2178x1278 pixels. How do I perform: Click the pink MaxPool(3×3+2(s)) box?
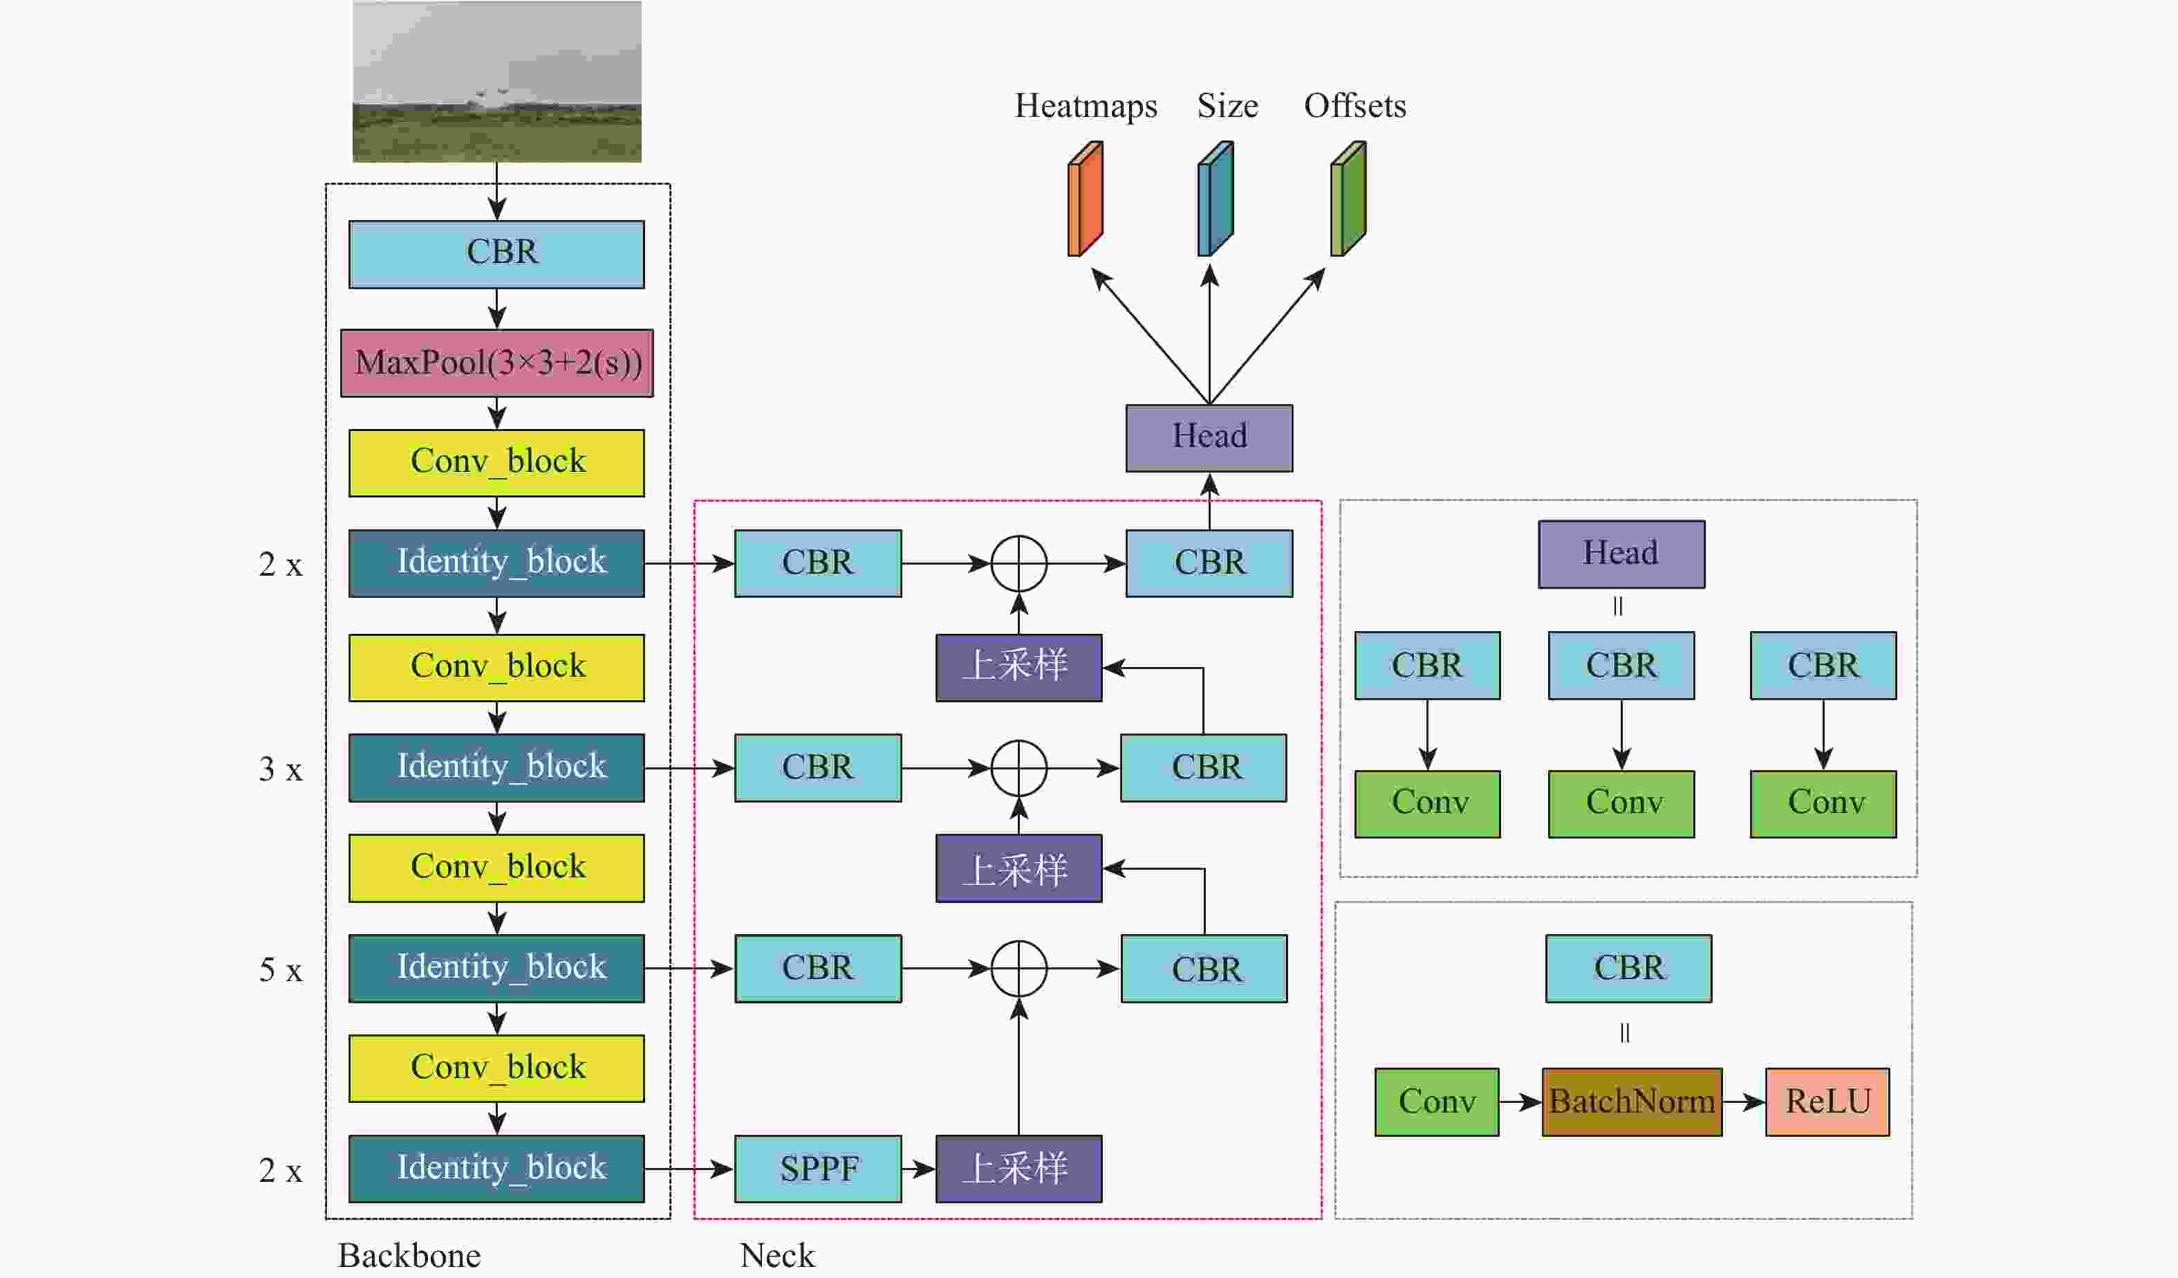pyautogui.click(x=497, y=363)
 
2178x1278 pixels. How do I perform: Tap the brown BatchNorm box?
pyautogui.click(x=1632, y=1102)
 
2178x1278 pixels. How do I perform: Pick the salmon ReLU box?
pyautogui.click(x=1827, y=1102)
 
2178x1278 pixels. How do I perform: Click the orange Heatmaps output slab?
pyautogui.click(x=1086, y=199)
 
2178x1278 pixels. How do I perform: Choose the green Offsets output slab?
pyautogui.click(x=1348, y=199)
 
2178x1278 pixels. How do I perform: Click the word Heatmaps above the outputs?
pyautogui.click(x=1086, y=105)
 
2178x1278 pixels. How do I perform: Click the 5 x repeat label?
pyautogui.click(x=281, y=970)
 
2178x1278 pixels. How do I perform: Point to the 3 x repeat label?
pyautogui.click(x=281, y=769)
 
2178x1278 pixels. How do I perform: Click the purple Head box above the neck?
pyautogui.click(x=1209, y=437)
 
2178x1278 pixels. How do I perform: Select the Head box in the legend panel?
pyautogui.click(x=1621, y=554)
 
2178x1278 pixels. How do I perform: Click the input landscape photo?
pyautogui.click(x=497, y=82)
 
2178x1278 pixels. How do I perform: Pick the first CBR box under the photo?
pyautogui.click(x=497, y=254)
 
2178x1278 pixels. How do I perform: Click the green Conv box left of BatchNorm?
pyautogui.click(x=1437, y=1102)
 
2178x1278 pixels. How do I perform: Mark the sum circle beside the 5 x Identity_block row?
pyautogui.click(x=1019, y=969)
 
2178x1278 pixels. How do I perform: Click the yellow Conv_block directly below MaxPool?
pyautogui.click(x=497, y=463)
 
